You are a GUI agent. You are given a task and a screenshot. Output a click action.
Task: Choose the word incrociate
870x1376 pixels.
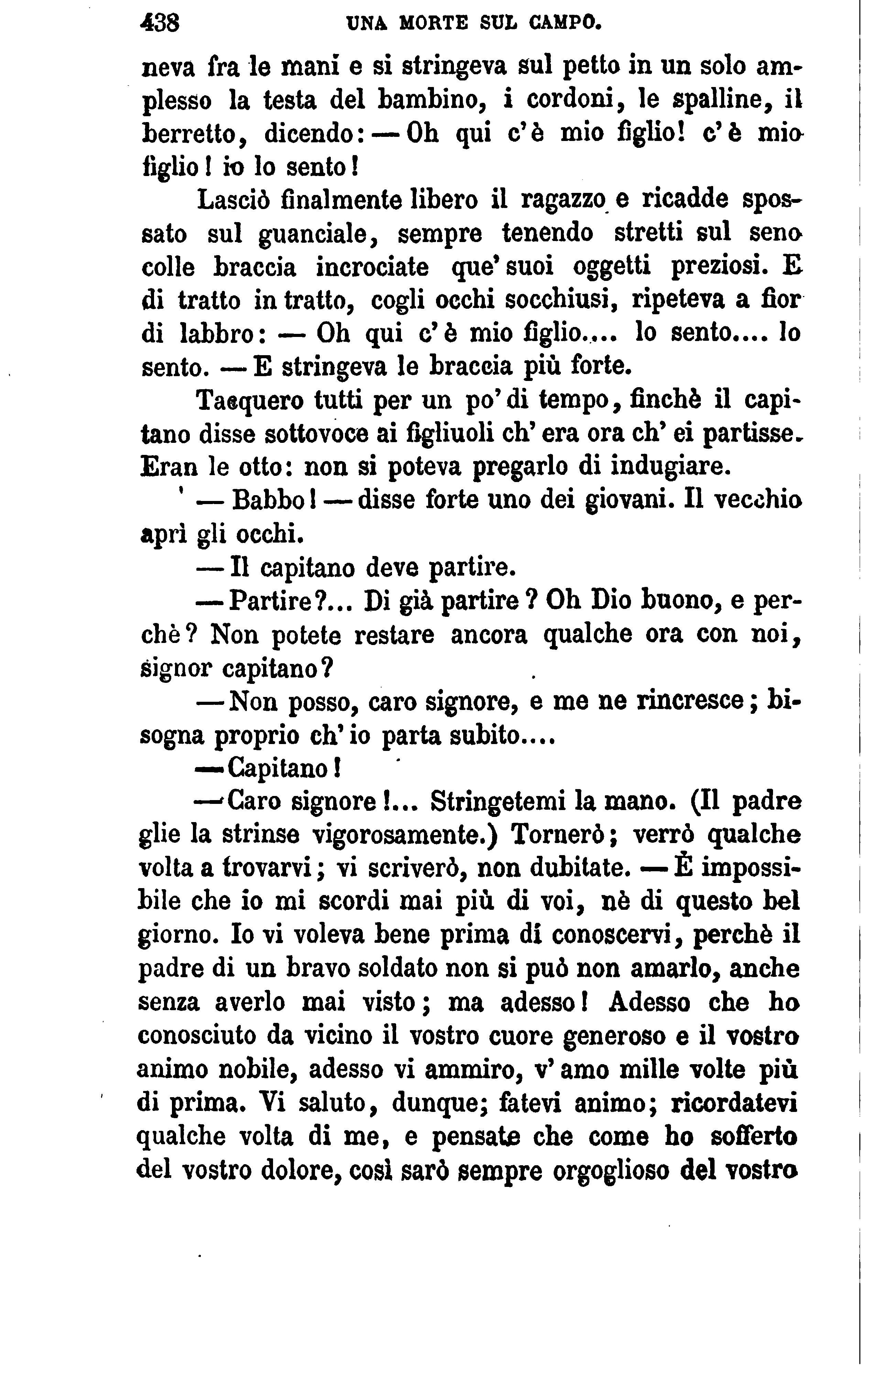click(x=372, y=267)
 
